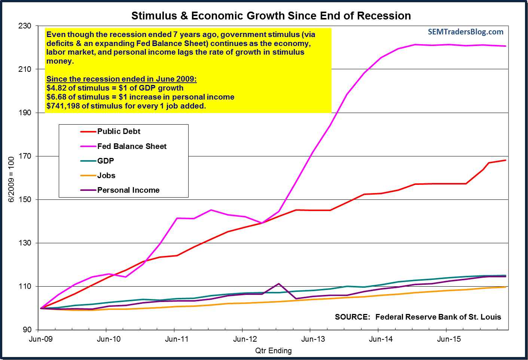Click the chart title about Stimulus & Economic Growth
coord(271,16)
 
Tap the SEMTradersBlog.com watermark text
coord(466,32)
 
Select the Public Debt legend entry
coord(119,131)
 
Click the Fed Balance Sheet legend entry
coord(132,146)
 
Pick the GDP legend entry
coord(106,161)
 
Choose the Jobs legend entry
coord(106,176)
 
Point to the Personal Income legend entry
coord(128,190)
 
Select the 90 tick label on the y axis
coord(27,330)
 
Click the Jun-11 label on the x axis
coord(177,339)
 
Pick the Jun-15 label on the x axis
coord(449,339)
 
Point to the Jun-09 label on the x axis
coord(41,339)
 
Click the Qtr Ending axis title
coord(273,351)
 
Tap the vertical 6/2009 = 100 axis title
coord(11,179)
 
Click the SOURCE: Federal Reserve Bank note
coord(418,317)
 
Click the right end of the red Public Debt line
coord(506,160)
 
